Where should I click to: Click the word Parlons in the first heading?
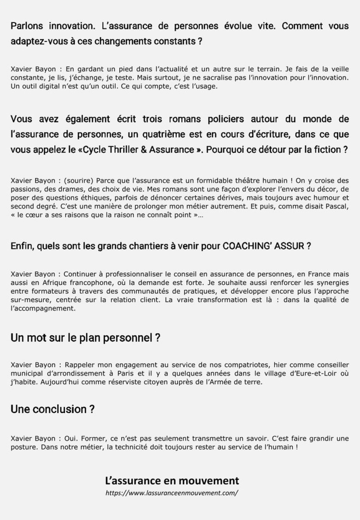(x=27, y=27)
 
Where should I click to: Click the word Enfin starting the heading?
(x=21, y=246)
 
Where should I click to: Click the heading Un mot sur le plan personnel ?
(x=85, y=338)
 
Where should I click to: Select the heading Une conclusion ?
(x=53, y=410)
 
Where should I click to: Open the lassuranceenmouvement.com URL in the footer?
(x=172, y=493)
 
